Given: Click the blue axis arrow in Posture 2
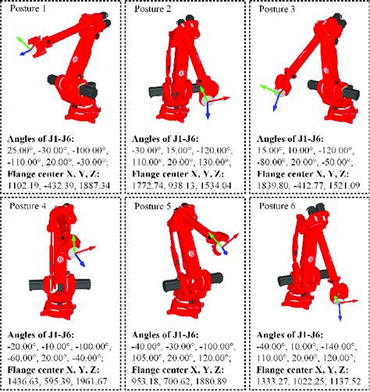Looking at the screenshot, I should tap(208, 111).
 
